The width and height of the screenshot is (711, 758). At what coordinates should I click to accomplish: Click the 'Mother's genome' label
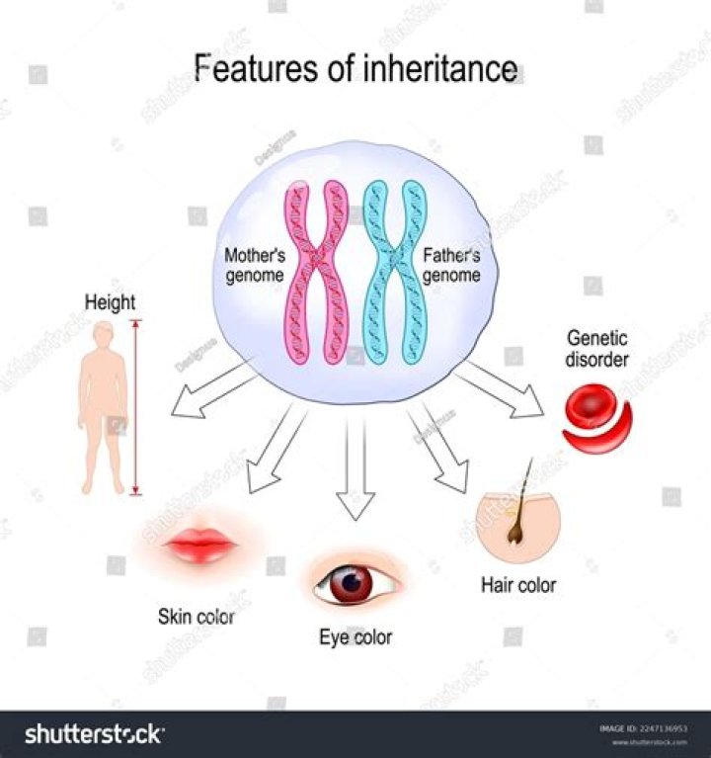[256, 266]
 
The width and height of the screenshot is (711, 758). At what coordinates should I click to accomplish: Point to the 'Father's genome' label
[452, 266]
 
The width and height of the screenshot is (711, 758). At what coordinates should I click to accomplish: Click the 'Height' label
[110, 301]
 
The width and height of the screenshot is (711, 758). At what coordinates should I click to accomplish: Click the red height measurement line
[136, 405]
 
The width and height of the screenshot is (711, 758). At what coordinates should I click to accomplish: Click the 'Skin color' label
[197, 618]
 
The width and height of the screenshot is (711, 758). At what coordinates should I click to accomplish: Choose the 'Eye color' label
[355, 637]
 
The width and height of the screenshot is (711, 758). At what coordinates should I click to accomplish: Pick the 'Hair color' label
[518, 584]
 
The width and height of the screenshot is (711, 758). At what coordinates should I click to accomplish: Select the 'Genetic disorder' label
[596, 349]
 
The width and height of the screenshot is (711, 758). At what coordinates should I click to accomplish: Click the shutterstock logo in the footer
[94, 734]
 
